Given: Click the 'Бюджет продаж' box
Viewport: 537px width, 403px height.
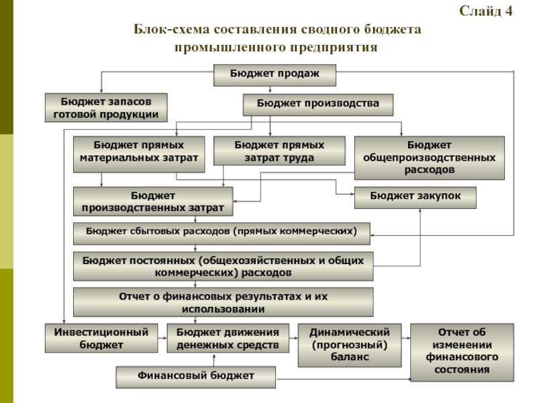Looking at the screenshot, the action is (x=275, y=75).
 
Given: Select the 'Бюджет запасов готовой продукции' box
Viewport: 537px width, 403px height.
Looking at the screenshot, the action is (x=106, y=107).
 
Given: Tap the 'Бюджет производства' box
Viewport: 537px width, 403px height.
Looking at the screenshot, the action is (x=318, y=105).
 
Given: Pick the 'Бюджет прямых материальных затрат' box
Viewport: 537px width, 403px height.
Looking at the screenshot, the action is (x=139, y=154).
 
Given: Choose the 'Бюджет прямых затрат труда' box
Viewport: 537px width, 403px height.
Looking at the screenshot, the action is (x=279, y=150).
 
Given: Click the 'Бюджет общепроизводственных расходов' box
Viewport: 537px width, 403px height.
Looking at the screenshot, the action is (x=430, y=158).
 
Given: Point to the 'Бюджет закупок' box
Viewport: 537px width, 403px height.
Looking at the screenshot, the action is (x=415, y=197).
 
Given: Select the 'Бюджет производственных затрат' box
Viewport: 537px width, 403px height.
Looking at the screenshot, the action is (x=153, y=201).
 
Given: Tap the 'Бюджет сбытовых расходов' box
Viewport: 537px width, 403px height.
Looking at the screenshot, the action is (x=222, y=233).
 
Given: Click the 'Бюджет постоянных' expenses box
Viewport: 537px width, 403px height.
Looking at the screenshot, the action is (x=224, y=266).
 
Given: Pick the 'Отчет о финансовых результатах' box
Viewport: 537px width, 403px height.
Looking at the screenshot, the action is (x=224, y=302).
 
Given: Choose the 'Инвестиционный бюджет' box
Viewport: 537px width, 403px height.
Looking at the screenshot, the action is (x=101, y=338).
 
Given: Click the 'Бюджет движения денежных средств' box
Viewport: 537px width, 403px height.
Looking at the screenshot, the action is (x=228, y=338).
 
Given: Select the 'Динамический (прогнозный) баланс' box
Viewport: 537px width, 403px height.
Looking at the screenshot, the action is (x=350, y=345).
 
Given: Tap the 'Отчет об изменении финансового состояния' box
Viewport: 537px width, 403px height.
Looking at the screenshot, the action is (x=462, y=352).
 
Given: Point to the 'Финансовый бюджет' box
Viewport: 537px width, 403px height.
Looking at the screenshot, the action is (x=196, y=377).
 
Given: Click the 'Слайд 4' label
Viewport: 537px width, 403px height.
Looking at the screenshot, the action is (x=485, y=11).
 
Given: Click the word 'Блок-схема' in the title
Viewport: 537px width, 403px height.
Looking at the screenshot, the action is (x=171, y=29).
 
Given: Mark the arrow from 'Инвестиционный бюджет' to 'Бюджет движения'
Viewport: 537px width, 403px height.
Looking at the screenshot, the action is (x=162, y=339).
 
